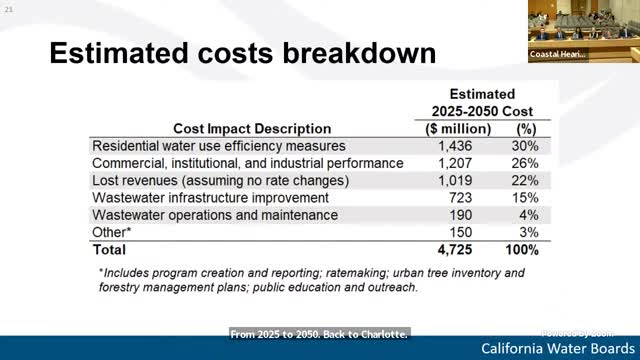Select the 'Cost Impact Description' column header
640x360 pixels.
tap(252, 129)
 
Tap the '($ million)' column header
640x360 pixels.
tap(452, 129)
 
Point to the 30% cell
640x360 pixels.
tap(525, 146)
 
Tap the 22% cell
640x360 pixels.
tap(525, 180)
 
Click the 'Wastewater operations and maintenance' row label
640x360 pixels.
tap(215, 215)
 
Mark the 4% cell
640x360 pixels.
tap(529, 215)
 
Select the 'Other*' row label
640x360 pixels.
tap(111, 232)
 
